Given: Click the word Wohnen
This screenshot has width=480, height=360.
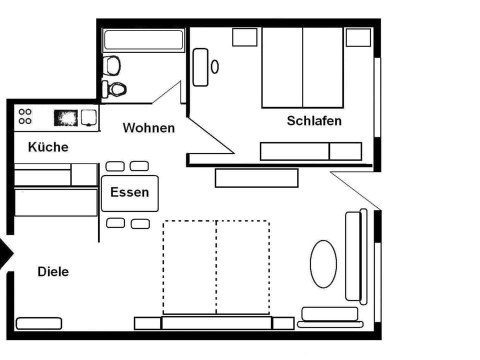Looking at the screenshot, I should coord(148,128).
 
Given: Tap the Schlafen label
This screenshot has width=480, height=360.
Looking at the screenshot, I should coord(314,120).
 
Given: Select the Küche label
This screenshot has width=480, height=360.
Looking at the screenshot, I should coord(48,147).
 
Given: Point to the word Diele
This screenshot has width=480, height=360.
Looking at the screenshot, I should coord(53,272).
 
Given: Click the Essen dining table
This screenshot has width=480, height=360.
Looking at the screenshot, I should coord(129,193).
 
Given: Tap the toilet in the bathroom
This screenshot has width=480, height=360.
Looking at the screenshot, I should coord(114,89).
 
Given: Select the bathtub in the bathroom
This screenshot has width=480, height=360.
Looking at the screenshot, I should coord(143,39).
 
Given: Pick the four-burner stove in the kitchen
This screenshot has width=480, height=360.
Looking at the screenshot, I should coord(25,116).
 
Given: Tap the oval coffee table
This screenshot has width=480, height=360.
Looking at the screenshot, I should coord(323,264).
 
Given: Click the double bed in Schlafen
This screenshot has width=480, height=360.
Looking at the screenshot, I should coord(302,67).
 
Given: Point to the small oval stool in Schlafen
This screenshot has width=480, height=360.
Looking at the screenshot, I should coord(215,66).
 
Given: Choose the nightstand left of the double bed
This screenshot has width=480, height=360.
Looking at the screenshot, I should coord(245,37).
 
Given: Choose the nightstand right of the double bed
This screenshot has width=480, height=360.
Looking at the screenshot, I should coord(358,37).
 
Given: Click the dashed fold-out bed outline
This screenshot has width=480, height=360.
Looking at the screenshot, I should coord(216,267).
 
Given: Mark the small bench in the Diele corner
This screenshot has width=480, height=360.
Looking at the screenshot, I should coord(39,323).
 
